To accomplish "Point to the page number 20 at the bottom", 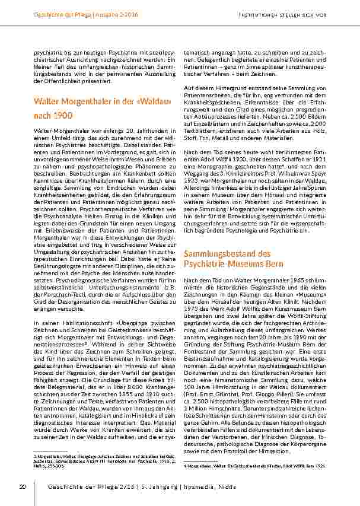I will coord(23,487).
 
